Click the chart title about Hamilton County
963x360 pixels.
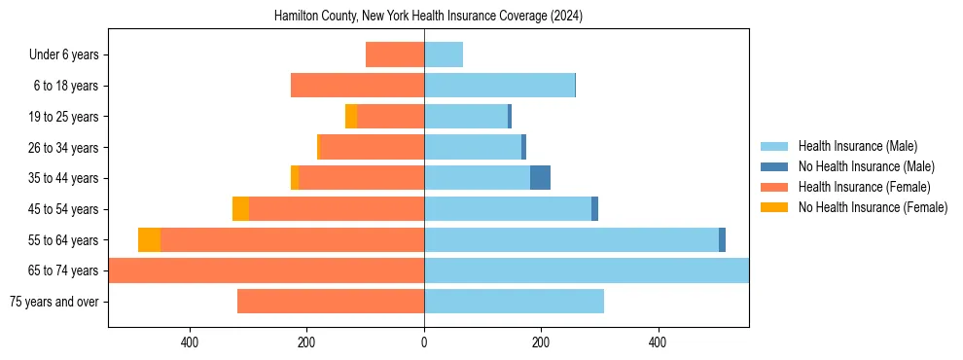point(428,16)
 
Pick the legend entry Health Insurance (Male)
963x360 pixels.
point(853,146)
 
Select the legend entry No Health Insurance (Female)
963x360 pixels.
point(866,207)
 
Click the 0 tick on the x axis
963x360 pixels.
point(424,342)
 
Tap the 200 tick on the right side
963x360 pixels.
point(541,342)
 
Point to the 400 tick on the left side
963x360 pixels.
point(190,342)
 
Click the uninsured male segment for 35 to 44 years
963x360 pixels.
point(540,178)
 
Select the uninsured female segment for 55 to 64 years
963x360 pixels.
point(149,239)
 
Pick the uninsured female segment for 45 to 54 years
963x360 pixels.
point(240,209)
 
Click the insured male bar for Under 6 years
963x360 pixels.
point(444,55)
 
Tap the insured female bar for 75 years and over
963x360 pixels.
point(331,302)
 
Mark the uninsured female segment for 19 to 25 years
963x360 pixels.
point(351,117)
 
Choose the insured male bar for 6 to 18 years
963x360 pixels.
point(499,86)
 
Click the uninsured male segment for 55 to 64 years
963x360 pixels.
point(722,239)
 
